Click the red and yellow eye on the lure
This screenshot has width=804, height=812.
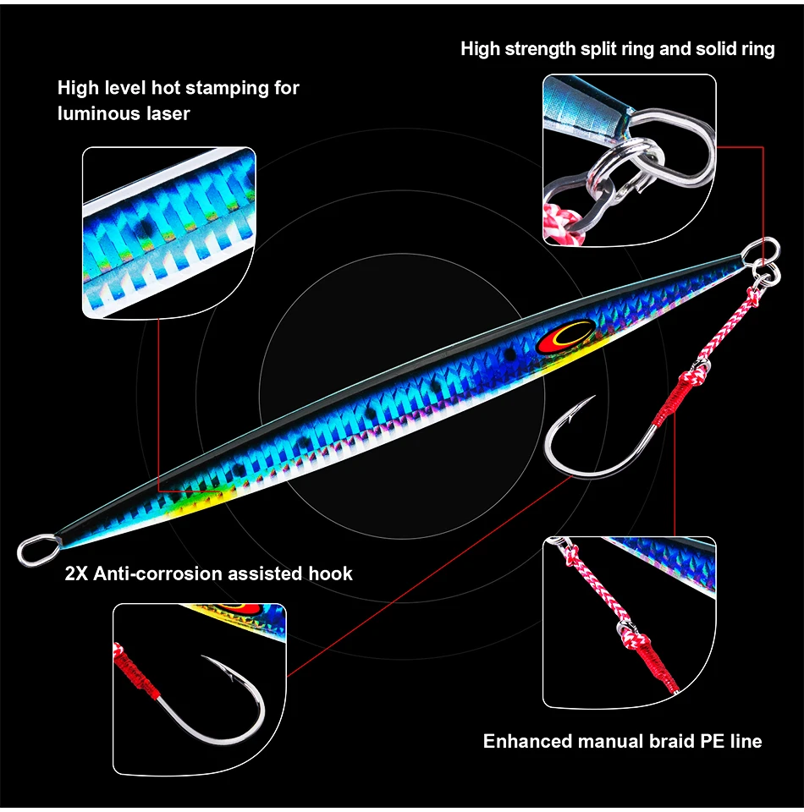coord(560,337)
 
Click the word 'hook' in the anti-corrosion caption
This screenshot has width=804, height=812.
coord(329,574)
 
